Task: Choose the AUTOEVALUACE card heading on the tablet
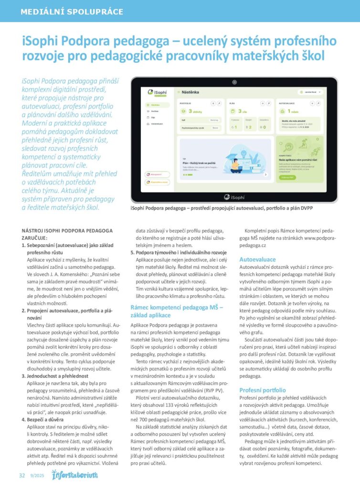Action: point(287,103)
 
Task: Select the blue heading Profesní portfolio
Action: point(262,390)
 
